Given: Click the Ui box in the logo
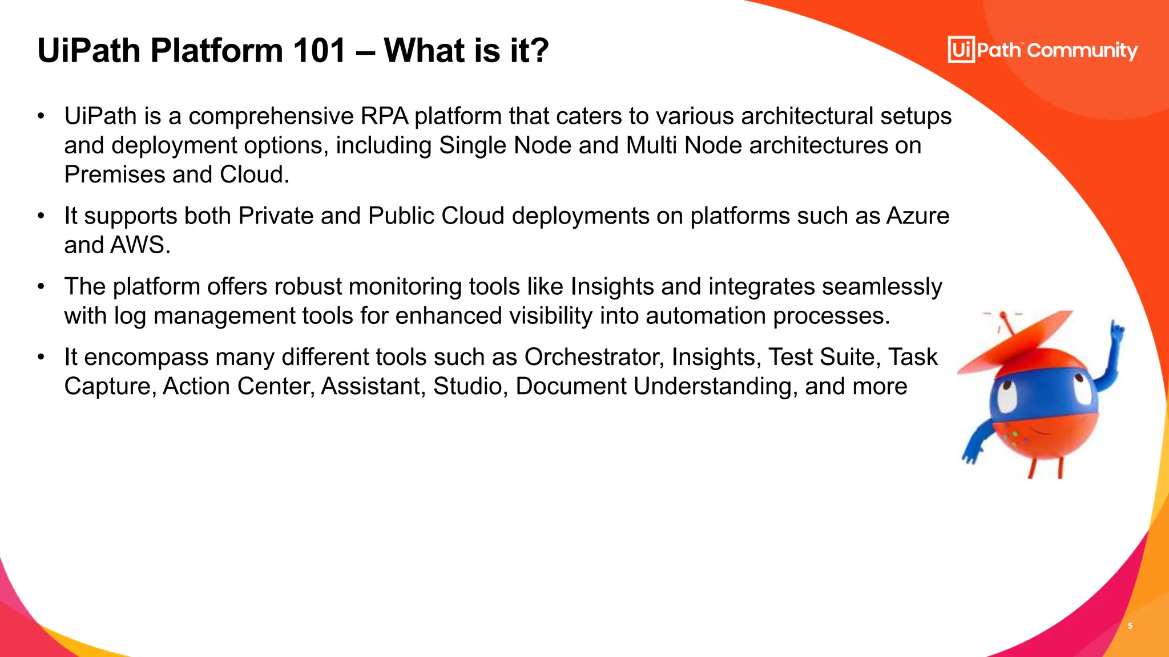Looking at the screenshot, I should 961,50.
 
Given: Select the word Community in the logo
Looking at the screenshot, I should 1082,51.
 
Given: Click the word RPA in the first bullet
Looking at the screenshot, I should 384,116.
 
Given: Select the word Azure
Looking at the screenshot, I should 917,216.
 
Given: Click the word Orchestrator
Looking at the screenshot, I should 594,358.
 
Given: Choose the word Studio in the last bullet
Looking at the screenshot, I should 467,387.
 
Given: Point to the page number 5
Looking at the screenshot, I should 1130,626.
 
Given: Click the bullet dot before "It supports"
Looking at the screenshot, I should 41,216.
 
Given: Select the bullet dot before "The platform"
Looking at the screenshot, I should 41,287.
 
